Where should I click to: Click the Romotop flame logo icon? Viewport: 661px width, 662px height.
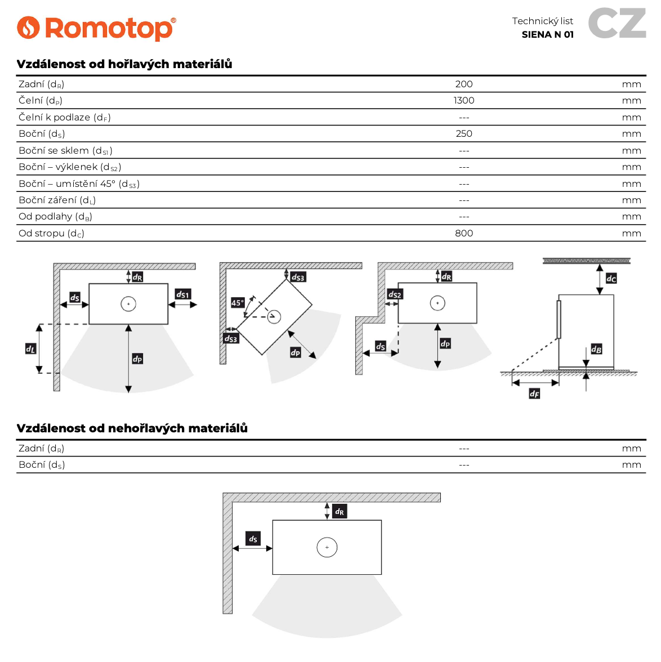tap(28, 28)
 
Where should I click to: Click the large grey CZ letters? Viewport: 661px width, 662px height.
tap(617, 24)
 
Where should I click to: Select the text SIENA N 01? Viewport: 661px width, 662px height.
tap(547, 34)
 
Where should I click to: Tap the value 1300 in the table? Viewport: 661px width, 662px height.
tap(463, 100)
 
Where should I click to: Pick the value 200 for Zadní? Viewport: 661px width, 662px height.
tap(463, 84)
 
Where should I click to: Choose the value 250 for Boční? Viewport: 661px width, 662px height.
tap(463, 133)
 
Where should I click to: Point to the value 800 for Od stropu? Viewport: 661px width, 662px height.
tap(463, 233)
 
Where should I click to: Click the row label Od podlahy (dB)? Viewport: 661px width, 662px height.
tap(55, 217)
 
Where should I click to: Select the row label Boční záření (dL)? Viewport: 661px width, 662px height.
tap(57, 200)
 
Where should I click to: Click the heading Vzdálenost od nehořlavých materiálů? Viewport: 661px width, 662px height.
tap(132, 428)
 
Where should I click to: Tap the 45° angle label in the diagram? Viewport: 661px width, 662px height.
tap(238, 303)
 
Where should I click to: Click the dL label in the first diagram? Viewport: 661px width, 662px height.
tap(30, 349)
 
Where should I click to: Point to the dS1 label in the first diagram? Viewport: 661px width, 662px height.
tap(183, 294)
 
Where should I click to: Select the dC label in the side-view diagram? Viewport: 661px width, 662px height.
tap(611, 278)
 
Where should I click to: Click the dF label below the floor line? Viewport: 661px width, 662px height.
tap(534, 393)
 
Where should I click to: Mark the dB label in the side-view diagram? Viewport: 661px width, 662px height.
tap(596, 349)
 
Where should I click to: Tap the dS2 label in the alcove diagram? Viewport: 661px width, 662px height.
tap(395, 294)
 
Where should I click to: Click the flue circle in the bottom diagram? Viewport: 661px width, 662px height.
tap(327, 547)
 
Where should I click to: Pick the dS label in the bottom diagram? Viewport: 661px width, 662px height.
tap(253, 539)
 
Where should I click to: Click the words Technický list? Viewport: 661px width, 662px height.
tap(542, 21)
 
